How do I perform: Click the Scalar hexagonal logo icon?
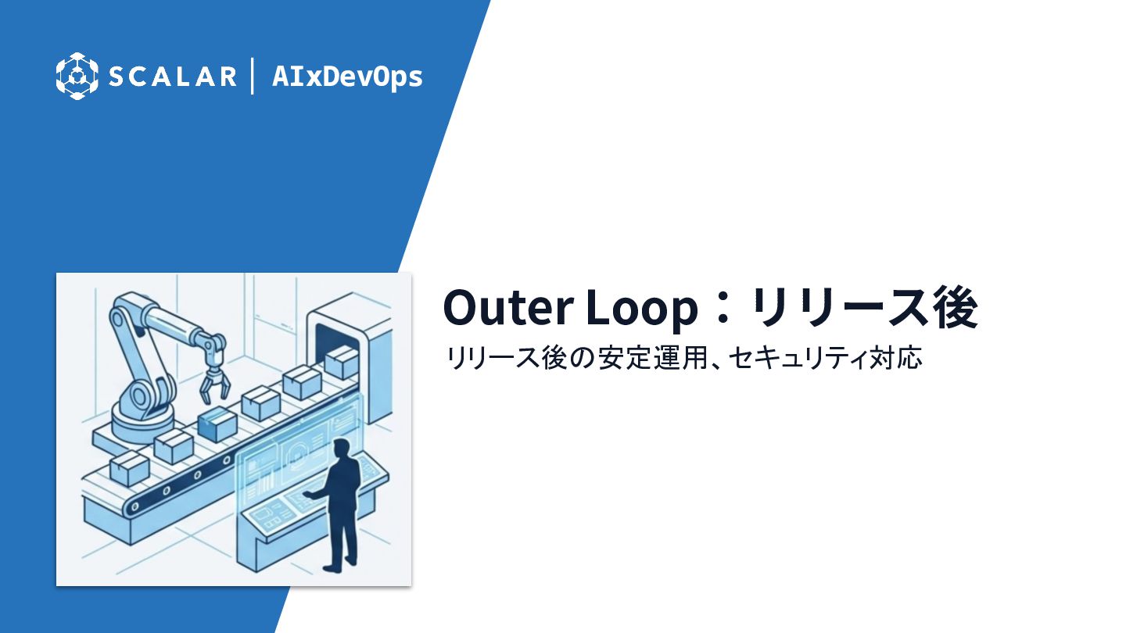[77, 76]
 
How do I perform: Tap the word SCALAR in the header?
[172, 77]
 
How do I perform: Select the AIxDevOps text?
[347, 77]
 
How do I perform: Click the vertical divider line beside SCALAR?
[253, 76]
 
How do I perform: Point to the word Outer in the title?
[508, 307]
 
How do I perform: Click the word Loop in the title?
[642, 309]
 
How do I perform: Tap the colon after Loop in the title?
[723, 308]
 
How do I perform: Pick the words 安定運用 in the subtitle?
[653, 358]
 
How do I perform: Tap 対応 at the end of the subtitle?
[895, 358]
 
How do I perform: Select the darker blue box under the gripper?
[217, 424]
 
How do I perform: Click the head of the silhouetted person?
[342, 448]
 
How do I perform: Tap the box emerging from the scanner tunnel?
[341, 362]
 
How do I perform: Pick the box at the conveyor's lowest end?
[129, 467]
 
